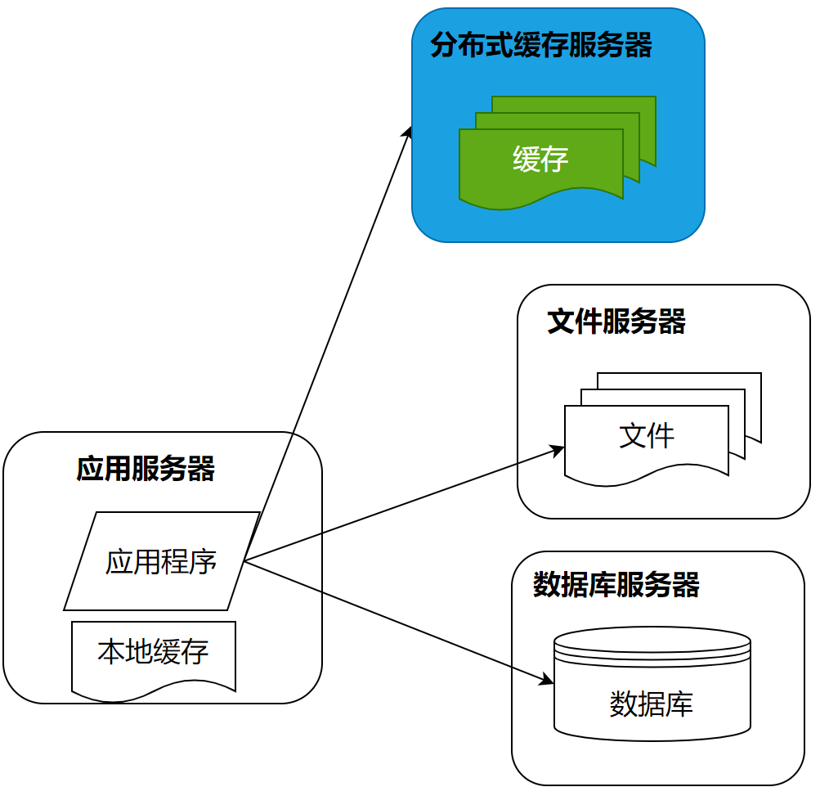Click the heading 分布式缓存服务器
click(x=541, y=46)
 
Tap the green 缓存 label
click(x=540, y=160)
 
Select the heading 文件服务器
click(x=616, y=322)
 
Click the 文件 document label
click(x=647, y=436)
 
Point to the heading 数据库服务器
click(x=616, y=586)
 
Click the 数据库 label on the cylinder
click(x=652, y=704)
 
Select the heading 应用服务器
click(x=146, y=470)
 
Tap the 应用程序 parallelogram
click(x=161, y=562)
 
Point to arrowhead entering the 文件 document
click(x=559, y=449)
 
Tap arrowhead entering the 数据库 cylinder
click(x=549, y=681)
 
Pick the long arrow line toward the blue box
click(x=327, y=344)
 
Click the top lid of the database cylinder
click(x=652, y=639)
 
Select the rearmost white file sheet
click(x=753, y=382)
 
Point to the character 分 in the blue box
click(x=444, y=46)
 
